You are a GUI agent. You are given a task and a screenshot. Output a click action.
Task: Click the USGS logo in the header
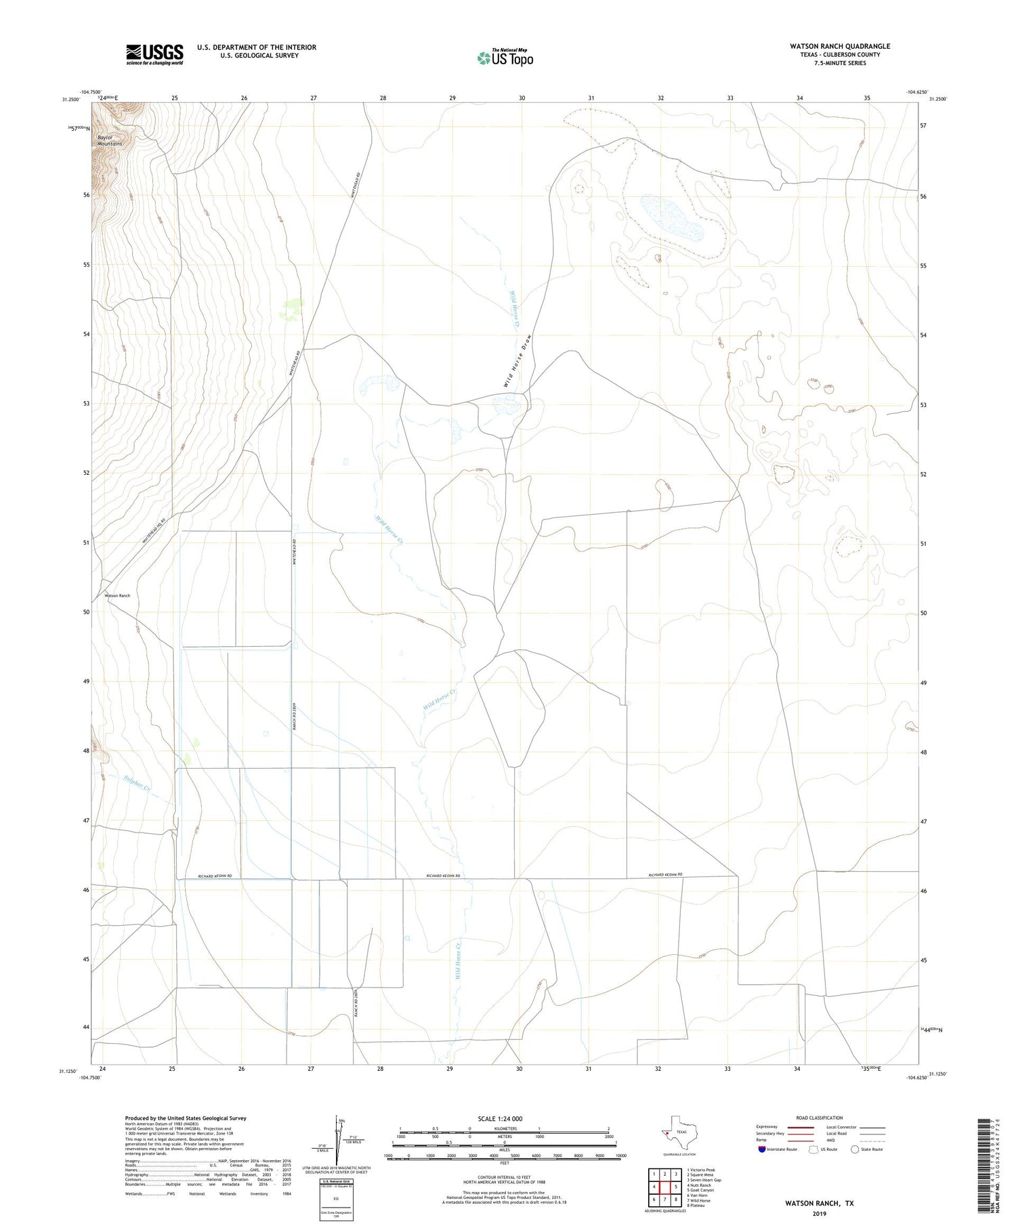tap(154, 54)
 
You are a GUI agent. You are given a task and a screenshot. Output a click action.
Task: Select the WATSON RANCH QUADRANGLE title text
tap(839, 46)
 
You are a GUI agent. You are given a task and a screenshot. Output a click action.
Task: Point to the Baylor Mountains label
tap(110, 140)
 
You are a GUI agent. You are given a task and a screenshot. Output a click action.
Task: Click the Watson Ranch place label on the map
tap(117, 595)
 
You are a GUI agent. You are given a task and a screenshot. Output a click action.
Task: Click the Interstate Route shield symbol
tap(762, 1149)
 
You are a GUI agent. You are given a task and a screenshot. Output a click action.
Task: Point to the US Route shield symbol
tap(813, 1149)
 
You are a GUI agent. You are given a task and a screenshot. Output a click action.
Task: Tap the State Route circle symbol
tap(855, 1149)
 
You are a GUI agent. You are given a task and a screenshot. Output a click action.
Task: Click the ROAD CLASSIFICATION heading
tap(819, 1118)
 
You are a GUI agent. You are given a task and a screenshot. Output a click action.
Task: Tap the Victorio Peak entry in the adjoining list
tap(701, 1170)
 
